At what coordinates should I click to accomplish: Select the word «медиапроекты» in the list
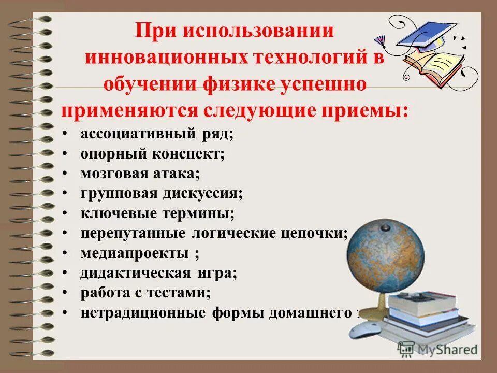pos(134,253)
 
